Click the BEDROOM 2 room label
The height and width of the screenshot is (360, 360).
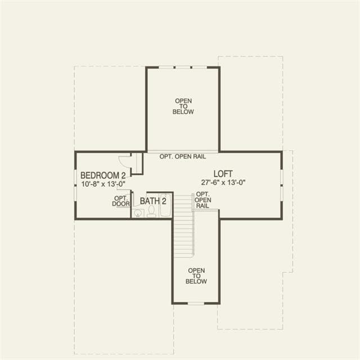[x=103, y=175]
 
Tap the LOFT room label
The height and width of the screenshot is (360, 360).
[x=223, y=174]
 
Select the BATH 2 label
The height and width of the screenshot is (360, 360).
[x=153, y=201]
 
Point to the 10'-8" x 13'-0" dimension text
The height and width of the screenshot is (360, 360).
[x=103, y=184]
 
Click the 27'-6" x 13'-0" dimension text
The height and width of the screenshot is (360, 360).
[x=223, y=182]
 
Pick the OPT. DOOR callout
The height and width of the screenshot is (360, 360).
[x=120, y=201]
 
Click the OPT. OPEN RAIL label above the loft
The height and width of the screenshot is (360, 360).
[x=183, y=156]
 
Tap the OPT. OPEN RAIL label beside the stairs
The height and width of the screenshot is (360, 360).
[x=202, y=200]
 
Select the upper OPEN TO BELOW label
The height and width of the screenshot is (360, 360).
[x=183, y=106]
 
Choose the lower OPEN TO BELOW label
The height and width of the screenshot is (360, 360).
[x=196, y=276]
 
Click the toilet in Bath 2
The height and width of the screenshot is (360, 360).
[x=151, y=211]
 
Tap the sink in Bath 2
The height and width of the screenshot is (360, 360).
[x=138, y=213]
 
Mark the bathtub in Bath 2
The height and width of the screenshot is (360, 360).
[x=165, y=205]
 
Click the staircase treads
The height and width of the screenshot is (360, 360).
[x=184, y=226]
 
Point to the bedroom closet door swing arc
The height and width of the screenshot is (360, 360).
[x=123, y=161]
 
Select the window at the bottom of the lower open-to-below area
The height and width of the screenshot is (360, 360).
[x=196, y=304]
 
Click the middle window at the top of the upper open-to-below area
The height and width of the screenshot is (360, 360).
[x=183, y=67]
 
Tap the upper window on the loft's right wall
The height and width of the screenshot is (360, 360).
[x=281, y=177]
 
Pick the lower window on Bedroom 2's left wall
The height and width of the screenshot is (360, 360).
[x=75, y=193]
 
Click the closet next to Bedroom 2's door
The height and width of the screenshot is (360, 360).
[x=137, y=163]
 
